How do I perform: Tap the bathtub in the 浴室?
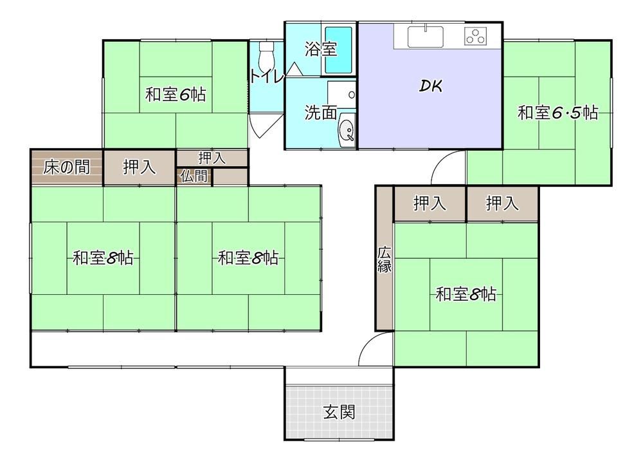339,50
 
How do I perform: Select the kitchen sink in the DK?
425,37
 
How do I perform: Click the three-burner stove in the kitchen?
476,36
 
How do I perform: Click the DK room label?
431,86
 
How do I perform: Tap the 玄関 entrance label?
339,411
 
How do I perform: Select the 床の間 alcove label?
66,167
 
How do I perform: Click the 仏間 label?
194,176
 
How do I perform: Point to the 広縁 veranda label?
385,260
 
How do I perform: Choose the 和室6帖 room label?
176,95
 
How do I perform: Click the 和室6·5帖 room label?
557,112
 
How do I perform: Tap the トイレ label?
267,77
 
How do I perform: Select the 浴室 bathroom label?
321,49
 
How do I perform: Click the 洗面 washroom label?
321,113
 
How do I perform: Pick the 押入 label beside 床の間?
140,167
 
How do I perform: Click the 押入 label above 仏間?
212,158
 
